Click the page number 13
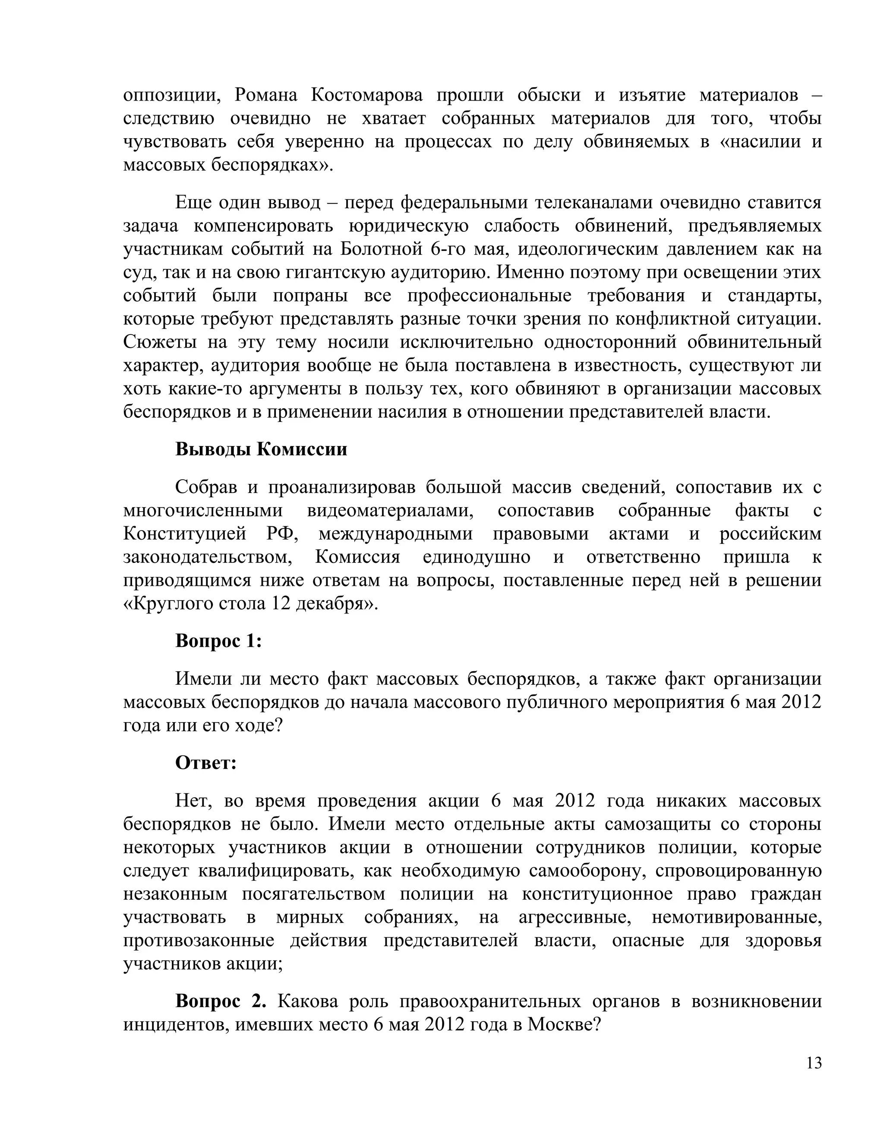click(x=814, y=1063)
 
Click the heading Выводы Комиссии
click(x=261, y=449)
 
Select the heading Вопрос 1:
click(x=218, y=640)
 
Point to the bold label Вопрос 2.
click(x=221, y=1001)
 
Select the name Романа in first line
click(x=265, y=95)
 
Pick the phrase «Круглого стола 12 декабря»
click(x=250, y=604)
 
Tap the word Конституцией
click(x=185, y=534)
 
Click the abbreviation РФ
click(x=282, y=534)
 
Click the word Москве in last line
click(x=563, y=1024)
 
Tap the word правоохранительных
click(x=490, y=1001)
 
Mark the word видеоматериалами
click(x=390, y=510)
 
